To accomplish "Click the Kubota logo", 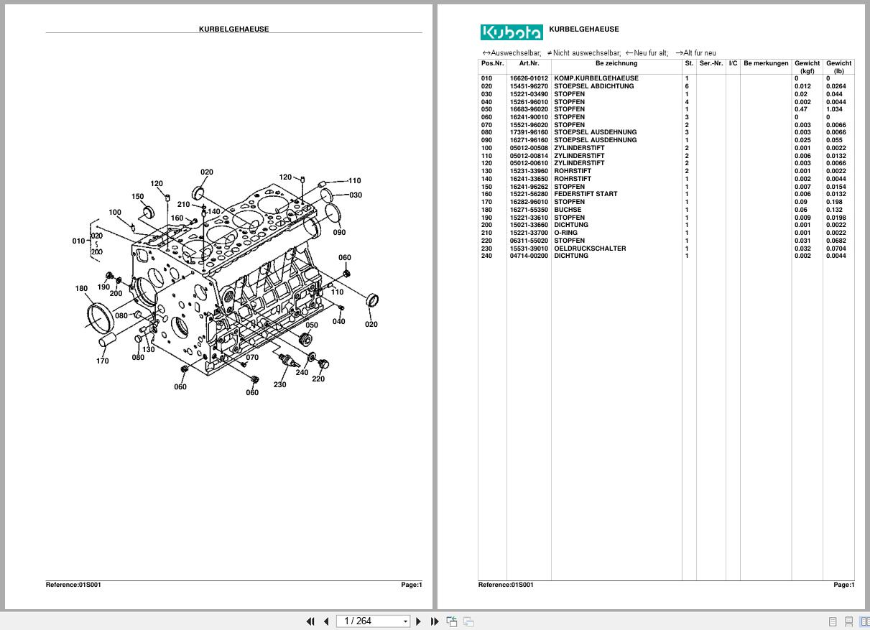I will click(511, 32).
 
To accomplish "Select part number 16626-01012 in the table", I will click(529, 78).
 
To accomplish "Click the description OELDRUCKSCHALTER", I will click(589, 249).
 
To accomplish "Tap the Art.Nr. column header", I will click(529, 63).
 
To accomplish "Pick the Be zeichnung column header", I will click(616, 63).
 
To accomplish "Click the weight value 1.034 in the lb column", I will click(833, 109).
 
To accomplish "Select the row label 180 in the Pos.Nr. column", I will click(487, 210).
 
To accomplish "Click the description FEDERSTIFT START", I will click(585, 194).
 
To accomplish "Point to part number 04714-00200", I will click(529, 256).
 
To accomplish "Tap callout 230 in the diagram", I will click(279, 384).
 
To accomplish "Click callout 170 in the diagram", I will click(103, 361).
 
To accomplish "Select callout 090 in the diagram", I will click(339, 232).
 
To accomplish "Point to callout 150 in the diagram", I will click(137, 196).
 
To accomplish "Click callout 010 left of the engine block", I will click(78, 241).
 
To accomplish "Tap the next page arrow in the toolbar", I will click(419, 621).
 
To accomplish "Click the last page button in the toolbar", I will click(435, 621).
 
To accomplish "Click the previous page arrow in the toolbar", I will click(326, 621).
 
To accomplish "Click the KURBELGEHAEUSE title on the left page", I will click(233, 29).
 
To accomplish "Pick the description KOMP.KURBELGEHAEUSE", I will click(596, 78).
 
